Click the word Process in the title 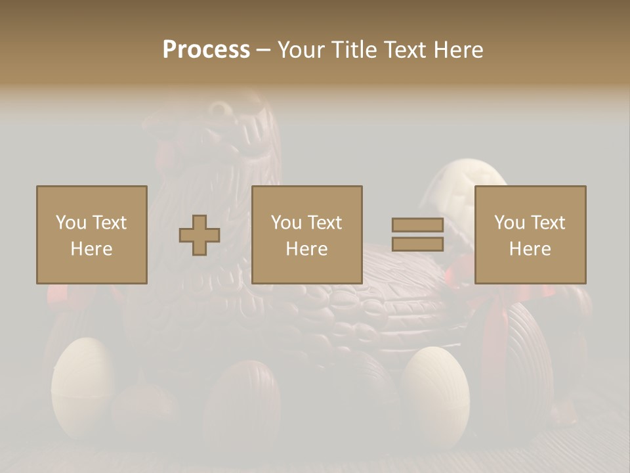point(206,50)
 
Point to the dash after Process point(263,51)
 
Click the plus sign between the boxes point(199,235)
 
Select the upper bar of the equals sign point(417,225)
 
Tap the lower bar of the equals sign point(417,244)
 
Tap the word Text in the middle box point(324,223)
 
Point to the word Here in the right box point(530,249)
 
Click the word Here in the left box point(92,249)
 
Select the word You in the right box point(509,223)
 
